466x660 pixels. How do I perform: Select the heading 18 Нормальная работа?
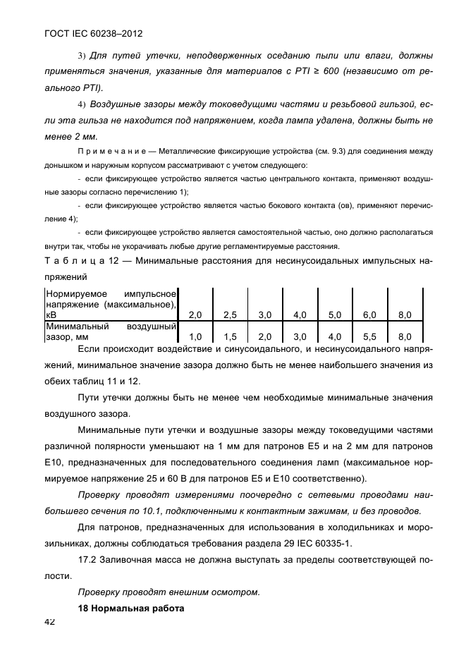pos(130,608)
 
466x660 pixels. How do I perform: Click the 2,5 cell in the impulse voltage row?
pos(231,314)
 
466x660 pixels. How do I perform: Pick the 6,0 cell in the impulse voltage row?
pos(369,314)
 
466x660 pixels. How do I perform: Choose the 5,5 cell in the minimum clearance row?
pos(369,337)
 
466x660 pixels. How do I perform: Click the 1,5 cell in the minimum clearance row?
pos(231,337)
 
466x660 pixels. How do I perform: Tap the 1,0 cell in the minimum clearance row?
pos(195,337)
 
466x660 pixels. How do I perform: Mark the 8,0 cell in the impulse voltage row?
pos(405,314)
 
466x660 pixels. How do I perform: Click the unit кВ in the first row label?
pos(51,315)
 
